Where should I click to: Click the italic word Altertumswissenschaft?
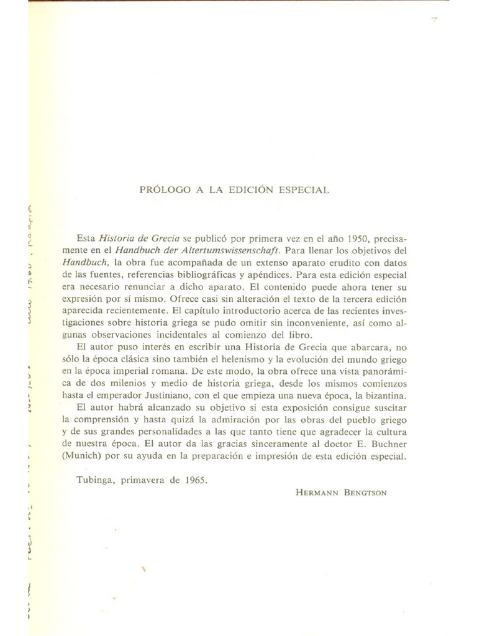pyautogui.click(x=229, y=251)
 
